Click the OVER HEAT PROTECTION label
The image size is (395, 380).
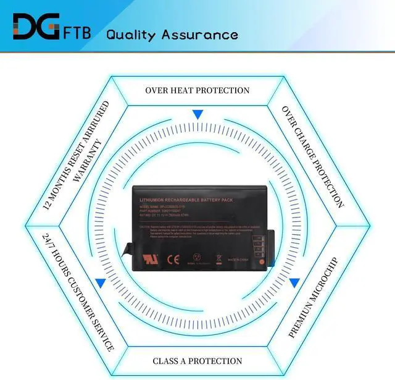(197, 90)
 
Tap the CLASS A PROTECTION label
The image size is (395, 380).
(197, 360)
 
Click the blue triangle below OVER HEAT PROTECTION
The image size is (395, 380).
(197, 115)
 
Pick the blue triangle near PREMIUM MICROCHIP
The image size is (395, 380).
(294, 283)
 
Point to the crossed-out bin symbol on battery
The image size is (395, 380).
(218, 259)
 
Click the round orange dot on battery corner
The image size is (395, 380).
(262, 262)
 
